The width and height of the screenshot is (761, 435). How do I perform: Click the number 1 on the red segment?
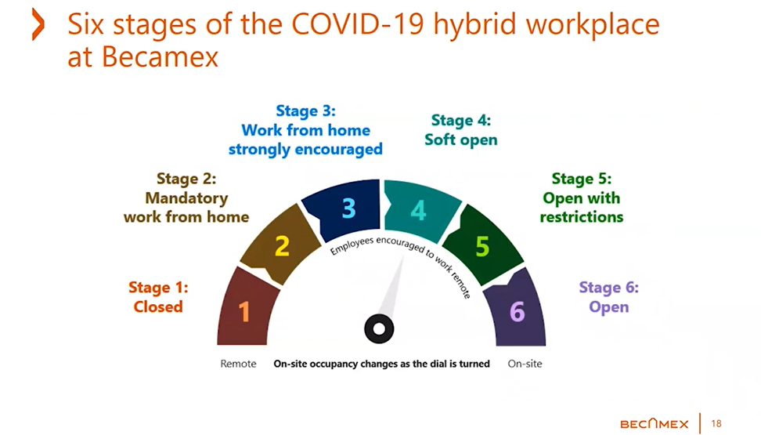click(244, 313)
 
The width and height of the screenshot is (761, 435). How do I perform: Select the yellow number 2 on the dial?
click(283, 247)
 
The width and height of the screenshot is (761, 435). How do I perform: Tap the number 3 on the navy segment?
click(348, 208)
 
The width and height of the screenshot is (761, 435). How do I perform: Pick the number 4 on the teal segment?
click(419, 210)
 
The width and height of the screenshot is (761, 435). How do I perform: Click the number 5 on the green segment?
click(482, 247)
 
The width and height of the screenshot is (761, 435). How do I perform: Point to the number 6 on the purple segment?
click(517, 312)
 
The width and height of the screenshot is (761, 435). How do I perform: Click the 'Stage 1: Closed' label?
click(158, 297)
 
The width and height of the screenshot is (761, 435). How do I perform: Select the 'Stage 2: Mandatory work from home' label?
click(186, 198)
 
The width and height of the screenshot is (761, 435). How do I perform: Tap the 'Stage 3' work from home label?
click(305, 130)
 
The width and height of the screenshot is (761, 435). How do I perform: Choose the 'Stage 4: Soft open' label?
click(461, 130)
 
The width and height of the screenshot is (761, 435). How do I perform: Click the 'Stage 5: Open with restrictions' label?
click(582, 198)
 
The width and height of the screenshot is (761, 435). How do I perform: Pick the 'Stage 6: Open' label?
click(608, 296)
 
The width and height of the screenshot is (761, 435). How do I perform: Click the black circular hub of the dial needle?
click(379, 329)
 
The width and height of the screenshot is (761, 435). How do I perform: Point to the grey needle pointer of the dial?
click(393, 290)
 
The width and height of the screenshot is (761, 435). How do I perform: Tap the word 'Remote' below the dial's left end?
click(238, 364)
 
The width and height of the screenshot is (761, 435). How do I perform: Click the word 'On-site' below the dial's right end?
click(525, 364)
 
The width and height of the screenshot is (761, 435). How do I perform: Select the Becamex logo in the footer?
click(654, 424)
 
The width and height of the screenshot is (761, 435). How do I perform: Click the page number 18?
click(716, 424)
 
